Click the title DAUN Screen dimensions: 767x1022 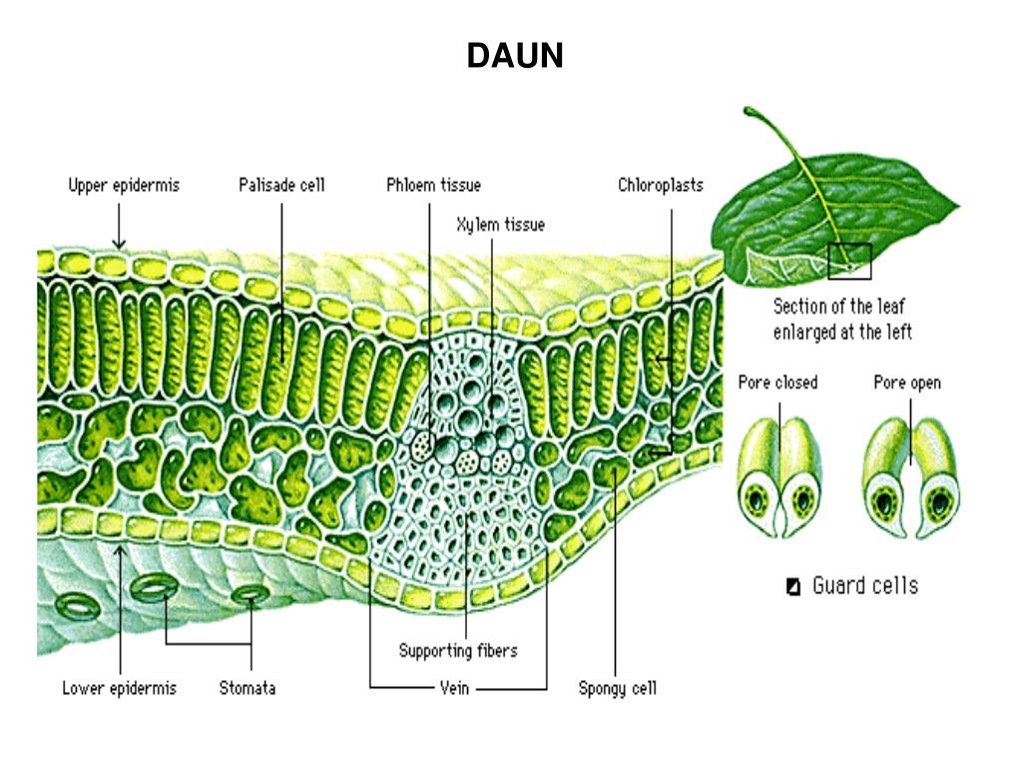click(x=515, y=56)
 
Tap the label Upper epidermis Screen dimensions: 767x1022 click(x=124, y=185)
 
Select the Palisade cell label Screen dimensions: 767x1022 click(x=281, y=185)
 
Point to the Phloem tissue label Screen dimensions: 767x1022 click(x=433, y=185)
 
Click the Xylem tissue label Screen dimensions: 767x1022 click(x=500, y=225)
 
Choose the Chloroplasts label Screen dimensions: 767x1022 click(x=660, y=185)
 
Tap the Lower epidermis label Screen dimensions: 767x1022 click(x=119, y=688)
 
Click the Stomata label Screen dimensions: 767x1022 click(x=248, y=688)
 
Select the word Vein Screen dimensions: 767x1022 click(x=454, y=688)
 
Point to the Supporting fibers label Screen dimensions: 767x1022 click(x=458, y=651)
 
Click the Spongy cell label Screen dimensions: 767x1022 click(x=618, y=688)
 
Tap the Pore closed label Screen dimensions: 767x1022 click(x=777, y=383)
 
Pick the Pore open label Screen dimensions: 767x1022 click(x=906, y=383)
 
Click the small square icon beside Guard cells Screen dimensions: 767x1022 click(x=793, y=586)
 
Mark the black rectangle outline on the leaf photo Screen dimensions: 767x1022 click(x=849, y=261)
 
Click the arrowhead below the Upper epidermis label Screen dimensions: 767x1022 click(x=119, y=243)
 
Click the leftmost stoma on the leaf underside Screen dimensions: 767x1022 click(x=75, y=604)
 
